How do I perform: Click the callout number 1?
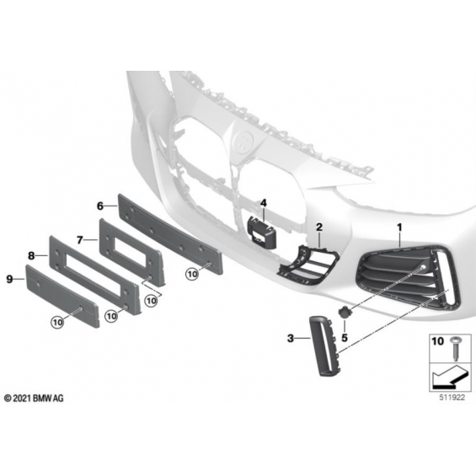pyautogui.click(x=399, y=227)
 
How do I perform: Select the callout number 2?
pyautogui.click(x=319, y=227)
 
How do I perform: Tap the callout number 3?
pyautogui.click(x=291, y=338)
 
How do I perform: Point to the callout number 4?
pyautogui.click(x=263, y=203)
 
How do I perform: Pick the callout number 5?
pyautogui.click(x=345, y=338)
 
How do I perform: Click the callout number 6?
pyautogui.click(x=100, y=206)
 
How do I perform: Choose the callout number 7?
pyautogui.click(x=79, y=240)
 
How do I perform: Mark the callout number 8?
pyautogui.click(x=31, y=256)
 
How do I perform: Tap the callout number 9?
pyautogui.click(x=9, y=279)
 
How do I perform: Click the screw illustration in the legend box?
pyautogui.click(x=455, y=348)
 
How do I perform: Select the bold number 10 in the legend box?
pyautogui.click(x=437, y=341)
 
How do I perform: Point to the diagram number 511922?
pyautogui.click(x=452, y=398)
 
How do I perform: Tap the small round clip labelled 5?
pyautogui.click(x=345, y=312)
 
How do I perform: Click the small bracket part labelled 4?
pyautogui.click(x=261, y=233)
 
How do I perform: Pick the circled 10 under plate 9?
pyautogui.click(x=57, y=322)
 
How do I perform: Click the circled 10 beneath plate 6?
pyautogui.click(x=192, y=275)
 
